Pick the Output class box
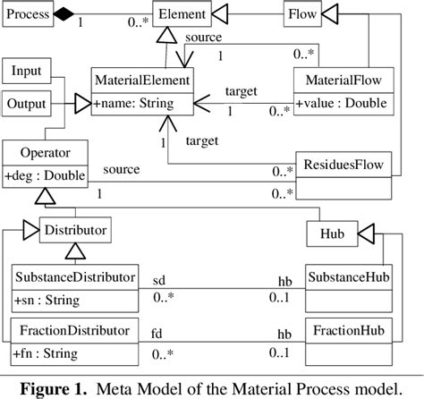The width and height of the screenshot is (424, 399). coord(28,104)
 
